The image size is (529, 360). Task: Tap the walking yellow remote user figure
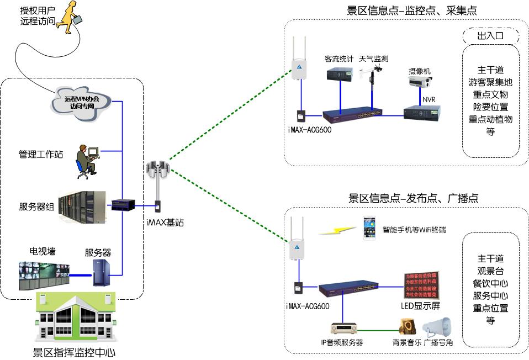tap(71, 17)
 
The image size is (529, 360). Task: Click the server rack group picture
tap(82, 208)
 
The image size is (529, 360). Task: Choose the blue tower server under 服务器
tap(99, 272)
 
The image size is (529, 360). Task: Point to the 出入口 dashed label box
tap(490, 36)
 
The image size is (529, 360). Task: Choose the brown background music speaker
tap(408, 327)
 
